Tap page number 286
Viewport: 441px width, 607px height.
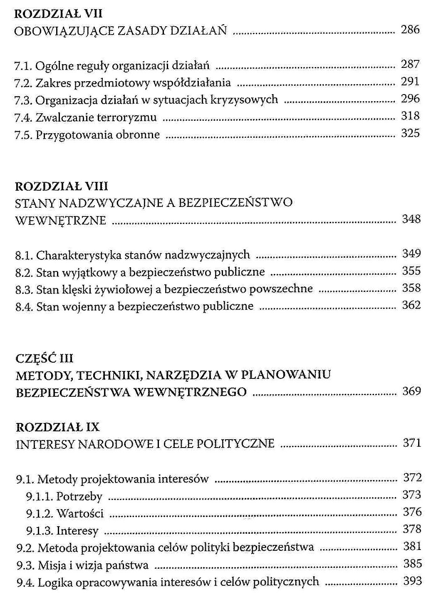click(410, 30)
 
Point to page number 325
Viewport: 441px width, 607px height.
click(410, 133)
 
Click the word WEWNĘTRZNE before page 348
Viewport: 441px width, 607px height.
click(61, 220)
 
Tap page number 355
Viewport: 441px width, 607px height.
click(411, 271)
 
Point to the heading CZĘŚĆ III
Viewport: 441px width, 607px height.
click(44, 358)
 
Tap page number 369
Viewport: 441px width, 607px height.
click(411, 391)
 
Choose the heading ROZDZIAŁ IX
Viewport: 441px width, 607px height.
click(57, 427)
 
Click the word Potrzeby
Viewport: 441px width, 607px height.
click(79, 497)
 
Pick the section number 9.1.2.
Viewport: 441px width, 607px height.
click(40, 514)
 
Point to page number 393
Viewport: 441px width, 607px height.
click(412, 581)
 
